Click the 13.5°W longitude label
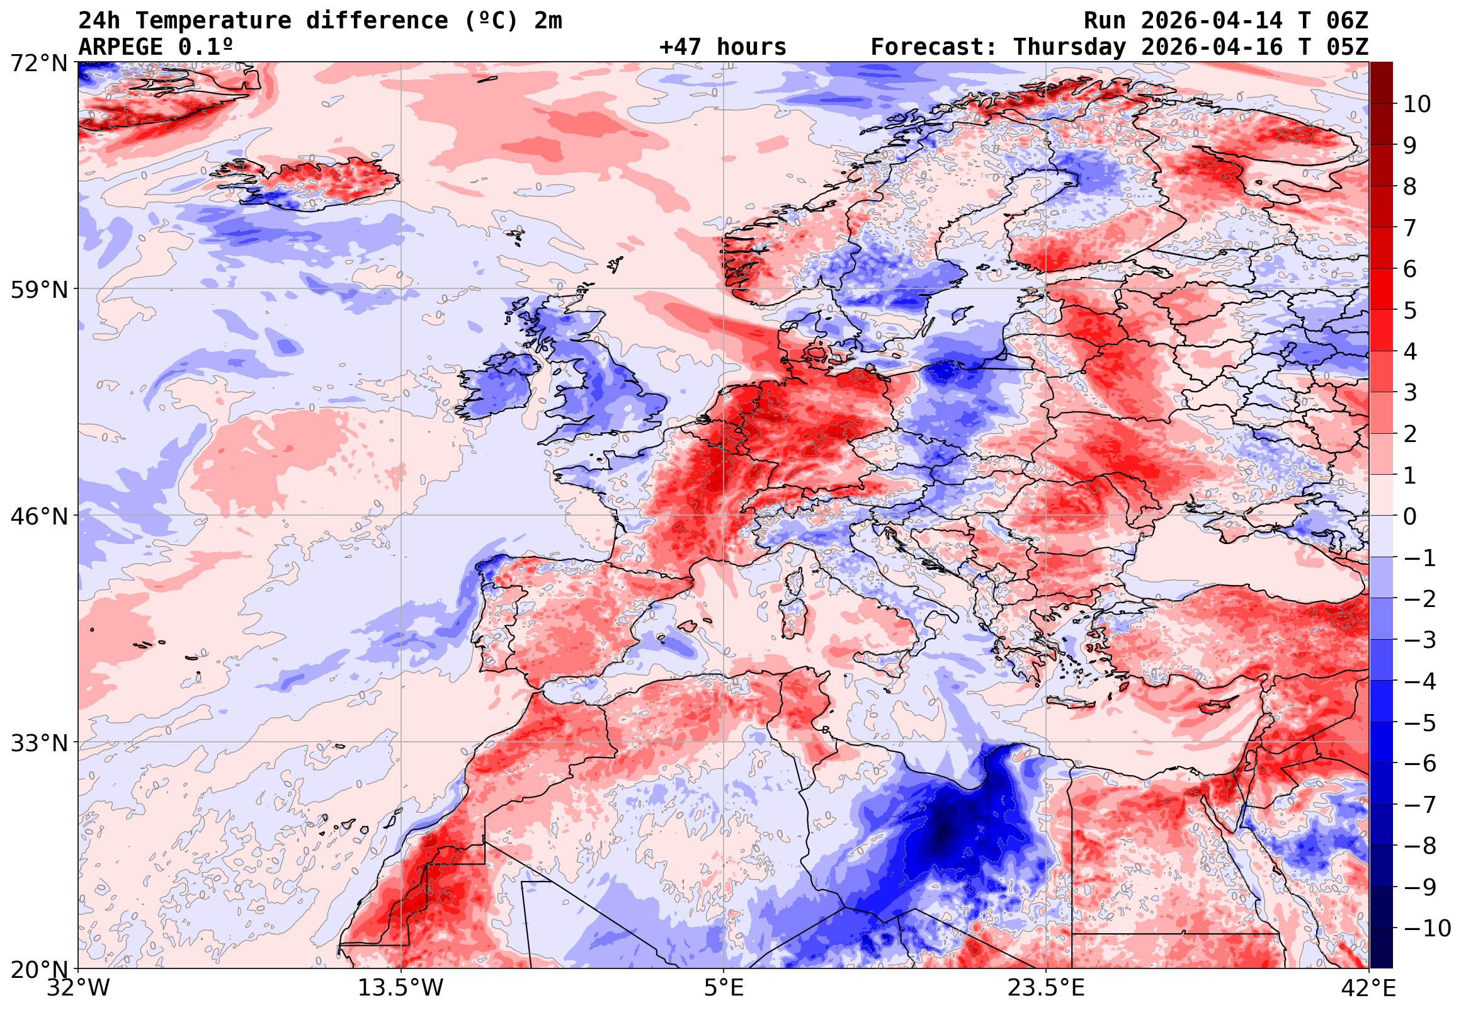[401, 988]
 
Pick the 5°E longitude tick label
[724, 988]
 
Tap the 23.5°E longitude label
[1046, 988]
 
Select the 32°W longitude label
[78, 988]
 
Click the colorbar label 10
[1417, 105]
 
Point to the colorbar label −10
[1427, 928]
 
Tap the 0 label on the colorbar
[1410, 516]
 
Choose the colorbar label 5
[1410, 310]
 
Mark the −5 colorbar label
[1420, 723]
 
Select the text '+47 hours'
[722, 47]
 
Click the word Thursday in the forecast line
[1069, 47]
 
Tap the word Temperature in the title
[213, 21]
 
